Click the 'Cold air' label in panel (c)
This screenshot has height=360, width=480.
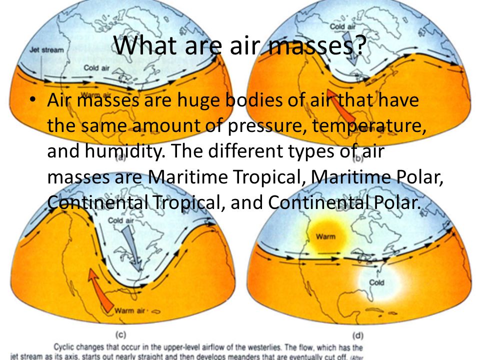pyautogui.click(x=122, y=219)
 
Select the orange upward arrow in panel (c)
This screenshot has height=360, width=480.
pyautogui.click(x=98, y=290)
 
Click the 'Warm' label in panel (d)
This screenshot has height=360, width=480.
pyautogui.click(x=325, y=236)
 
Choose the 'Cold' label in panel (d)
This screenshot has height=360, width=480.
pyautogui.click(x=376, y=283)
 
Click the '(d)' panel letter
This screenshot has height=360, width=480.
pyautogui.click(x=357, y=334)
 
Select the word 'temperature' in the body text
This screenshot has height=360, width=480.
pyautogui.click(x=368, y=125)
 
